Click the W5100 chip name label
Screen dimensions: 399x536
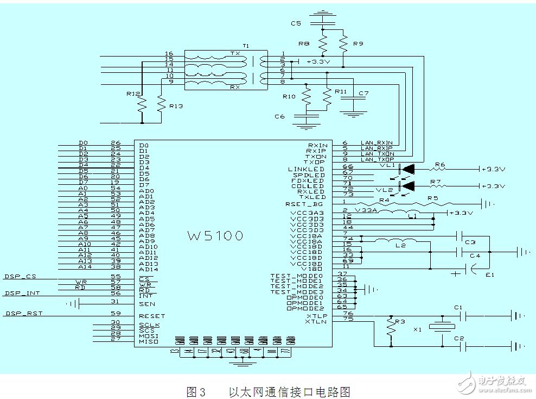pos(215,236)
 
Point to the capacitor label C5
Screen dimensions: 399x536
pos(296,24)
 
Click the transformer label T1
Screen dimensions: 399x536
pos(246,47)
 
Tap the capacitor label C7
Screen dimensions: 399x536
pos(363,93)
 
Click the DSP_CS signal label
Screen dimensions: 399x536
pos(20,277)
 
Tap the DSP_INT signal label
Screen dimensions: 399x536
pos(22,294)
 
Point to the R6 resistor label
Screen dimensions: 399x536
pos(439,164)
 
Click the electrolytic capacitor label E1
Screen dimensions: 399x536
pos(490,275)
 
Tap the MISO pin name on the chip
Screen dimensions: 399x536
pos(149,341)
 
